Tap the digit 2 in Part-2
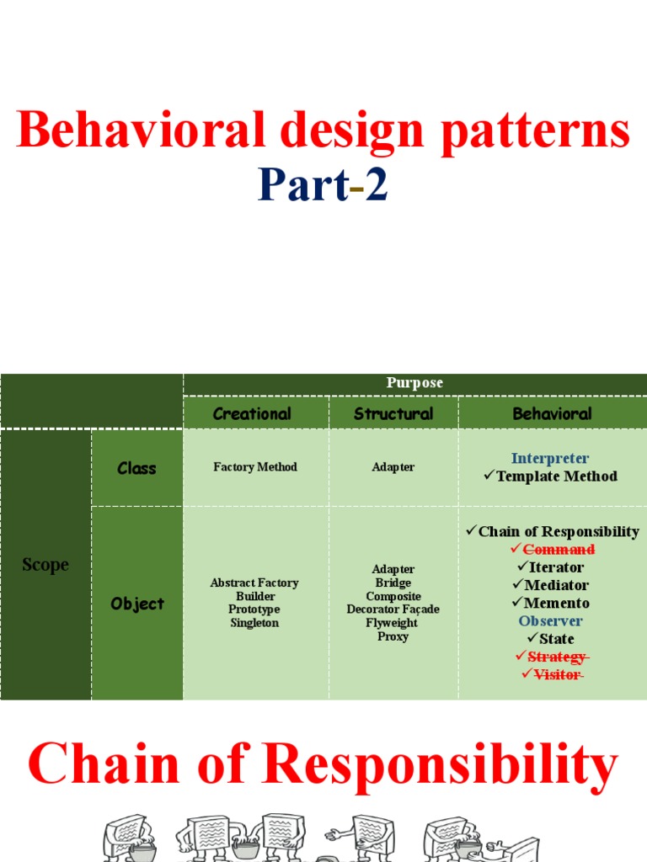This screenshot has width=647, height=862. coord(377,186)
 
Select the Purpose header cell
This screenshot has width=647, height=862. coord(414,383)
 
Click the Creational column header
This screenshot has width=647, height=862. coord(252,413)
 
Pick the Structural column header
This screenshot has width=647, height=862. coord(393,413)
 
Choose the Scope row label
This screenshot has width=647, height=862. coord(45,565)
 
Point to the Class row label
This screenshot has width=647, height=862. coord(136,468)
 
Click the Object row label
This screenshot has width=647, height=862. coord(137,604)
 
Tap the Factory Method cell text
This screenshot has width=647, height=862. coord(255,467)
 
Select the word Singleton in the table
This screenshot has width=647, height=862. coord(254,623)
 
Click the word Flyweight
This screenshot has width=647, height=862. coord(393,623)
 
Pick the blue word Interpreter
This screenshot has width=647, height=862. coord(550,459)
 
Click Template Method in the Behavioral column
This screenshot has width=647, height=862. coord(557,476)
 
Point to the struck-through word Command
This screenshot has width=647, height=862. coord(559,550)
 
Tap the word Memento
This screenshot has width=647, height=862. coord(557,603)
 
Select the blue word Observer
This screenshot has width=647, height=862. coord(551,620)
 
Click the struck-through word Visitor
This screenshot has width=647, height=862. coord(557,674)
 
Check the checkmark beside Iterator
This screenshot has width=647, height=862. coord(522,567)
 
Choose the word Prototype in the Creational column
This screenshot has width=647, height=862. coord(254,609)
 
